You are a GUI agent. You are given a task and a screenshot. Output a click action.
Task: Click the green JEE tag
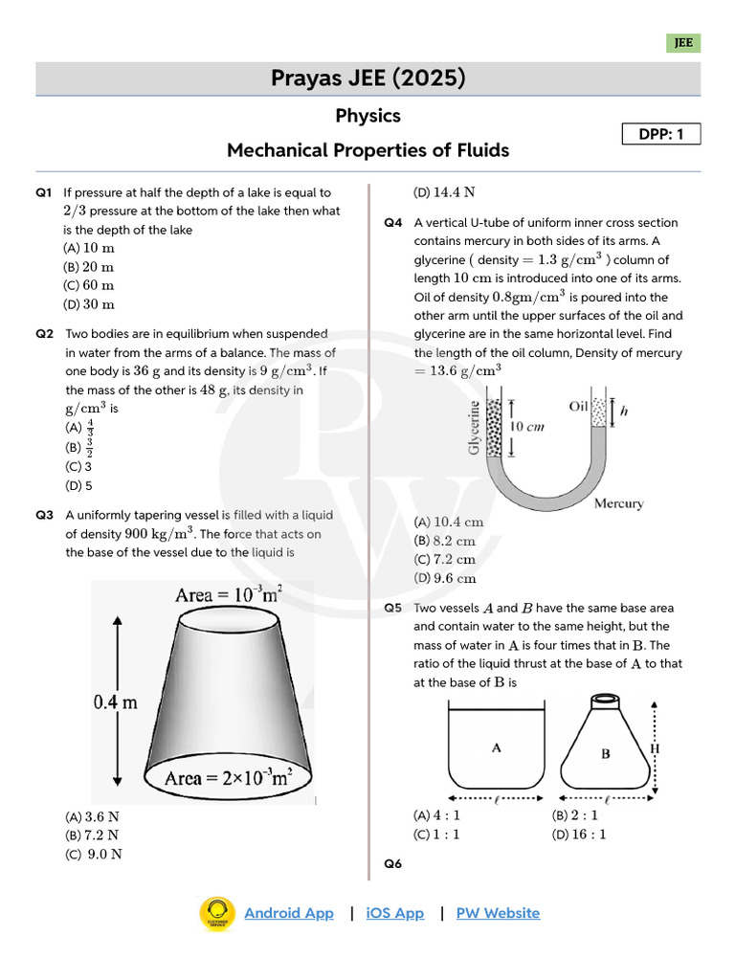coord(683,43)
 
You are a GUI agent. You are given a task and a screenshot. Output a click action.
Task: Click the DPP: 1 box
coord(661,135)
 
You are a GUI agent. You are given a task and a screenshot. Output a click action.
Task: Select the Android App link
coord(289,913)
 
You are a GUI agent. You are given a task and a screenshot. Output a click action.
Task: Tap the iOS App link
coord(394,913)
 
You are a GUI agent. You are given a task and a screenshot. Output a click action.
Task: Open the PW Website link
coord(498,913)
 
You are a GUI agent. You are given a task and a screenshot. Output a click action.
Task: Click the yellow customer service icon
coord(217,913)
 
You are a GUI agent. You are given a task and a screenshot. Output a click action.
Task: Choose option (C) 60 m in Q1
coord(89,285)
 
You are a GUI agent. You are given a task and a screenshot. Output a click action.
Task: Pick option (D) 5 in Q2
coord(78,485)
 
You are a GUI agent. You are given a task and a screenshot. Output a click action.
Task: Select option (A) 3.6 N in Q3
coord(92,817)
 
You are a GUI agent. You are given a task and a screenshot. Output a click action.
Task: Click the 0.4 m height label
coord(115,702)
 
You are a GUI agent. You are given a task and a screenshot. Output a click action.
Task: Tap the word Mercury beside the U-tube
coord(618,503)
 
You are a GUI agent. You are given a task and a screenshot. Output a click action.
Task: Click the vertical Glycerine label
coord(474,428)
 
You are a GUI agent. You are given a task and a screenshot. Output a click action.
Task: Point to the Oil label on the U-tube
coord(578,406)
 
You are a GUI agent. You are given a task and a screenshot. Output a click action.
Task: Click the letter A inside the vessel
coord(496,748)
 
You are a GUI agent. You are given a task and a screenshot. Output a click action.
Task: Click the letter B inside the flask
coord(605,753)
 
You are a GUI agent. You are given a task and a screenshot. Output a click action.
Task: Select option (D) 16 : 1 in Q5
coord(579,835)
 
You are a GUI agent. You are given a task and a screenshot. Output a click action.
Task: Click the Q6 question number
coord(393,864)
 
